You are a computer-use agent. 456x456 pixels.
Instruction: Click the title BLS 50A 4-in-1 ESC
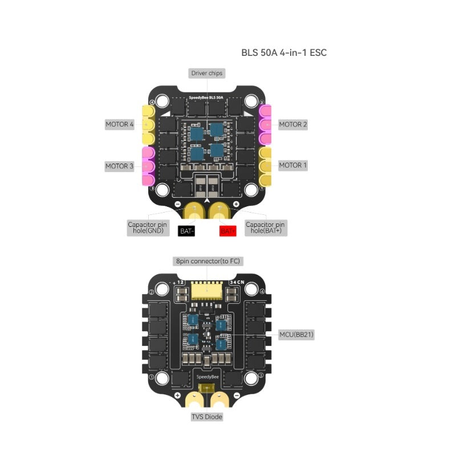click(x=283, y=52)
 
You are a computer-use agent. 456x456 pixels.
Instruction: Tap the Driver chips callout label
click(x=207, y=73)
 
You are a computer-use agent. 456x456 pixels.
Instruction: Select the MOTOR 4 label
click(x=120, y=124)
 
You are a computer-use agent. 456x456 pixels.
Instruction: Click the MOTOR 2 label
click(x=293, y=124)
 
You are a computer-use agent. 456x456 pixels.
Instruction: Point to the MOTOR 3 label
click(x=120, y=166)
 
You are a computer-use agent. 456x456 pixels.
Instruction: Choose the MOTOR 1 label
click(x=293, y=165)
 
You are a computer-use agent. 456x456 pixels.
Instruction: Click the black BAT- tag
click(x=188, y=231)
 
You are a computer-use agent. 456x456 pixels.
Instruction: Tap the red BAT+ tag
click(x=228, y=231)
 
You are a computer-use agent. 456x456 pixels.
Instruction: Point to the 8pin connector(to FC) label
click(x=207, y=261)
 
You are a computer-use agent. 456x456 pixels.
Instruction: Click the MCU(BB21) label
click(x=296, y=334)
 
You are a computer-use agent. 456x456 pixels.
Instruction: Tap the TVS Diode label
click(x=207, y=417)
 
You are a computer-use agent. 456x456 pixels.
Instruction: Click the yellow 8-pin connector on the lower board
click(x=207, y=291)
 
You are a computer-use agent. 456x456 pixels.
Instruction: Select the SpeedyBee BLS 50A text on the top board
click(x=207, y=98)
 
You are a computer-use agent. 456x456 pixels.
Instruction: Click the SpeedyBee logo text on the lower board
click(x=207, y=377)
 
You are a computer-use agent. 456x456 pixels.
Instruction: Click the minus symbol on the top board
click(x=177, y=204)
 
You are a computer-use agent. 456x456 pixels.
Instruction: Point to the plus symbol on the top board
click(x=237, y=203)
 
